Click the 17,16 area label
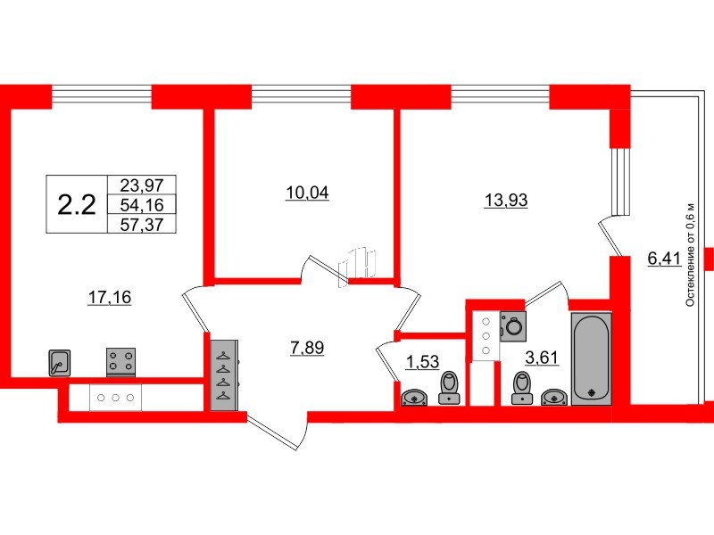pyautogui.click(x=109, y=298)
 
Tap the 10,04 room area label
pyautogui.click(x=307, y=193)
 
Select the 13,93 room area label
pyautogui.click(x=505, y=200)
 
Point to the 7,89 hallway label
pyautogui.click(x=307, y=348)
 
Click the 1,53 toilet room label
pyautogui.click(x=422, y=362)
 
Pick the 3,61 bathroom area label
pyautogui.click(x=542, y=358)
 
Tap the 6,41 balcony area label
pyautogui.click(x=664, y=259)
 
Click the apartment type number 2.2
pyautogui.click(x=77, y=205)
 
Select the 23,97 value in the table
pyautogui.click(x=142, y=185)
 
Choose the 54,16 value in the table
pyautogui.click(x=142, y=205)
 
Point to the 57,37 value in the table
pyautogui.click(x=142, y=225)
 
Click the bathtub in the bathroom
pyautogui.click(x=591, y=358)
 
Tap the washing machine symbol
pyautogui.click(x=512, y=326)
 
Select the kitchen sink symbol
pyautogui.click(x=60, y=363)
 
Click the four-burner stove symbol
pyautogui.click(x=120, y=362)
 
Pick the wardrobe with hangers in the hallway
pyautogui.click(x=224, y=374)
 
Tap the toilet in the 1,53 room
pyautogui.click(x=450, y=388)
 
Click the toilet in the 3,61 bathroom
pyautogui.click(x=522, y=388)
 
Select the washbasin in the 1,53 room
pyautogui.click(x=414, y=398)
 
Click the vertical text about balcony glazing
pyautogui.click(x=690, y=254)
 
